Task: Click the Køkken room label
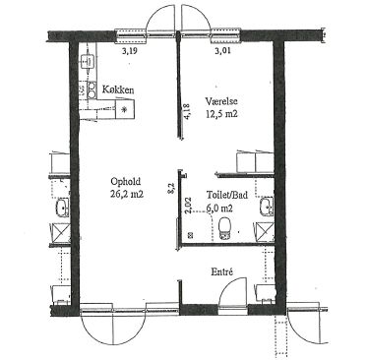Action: (x=118, y=90)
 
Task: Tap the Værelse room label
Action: (x=221, y=101)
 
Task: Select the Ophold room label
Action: (x=126, y=181)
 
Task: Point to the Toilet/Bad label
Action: (x=227, y=195)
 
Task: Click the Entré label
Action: (x=222, y=271)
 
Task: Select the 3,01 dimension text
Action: (x=222, y=50)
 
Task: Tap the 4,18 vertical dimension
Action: (x=188, y=112)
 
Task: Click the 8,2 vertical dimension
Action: (x=170, y=189)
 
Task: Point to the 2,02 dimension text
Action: (x=188, y=206)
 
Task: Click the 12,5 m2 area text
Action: (x=221, y=114)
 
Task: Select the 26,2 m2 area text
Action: (x=127, y=194)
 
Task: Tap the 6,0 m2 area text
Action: (x=219, y=208)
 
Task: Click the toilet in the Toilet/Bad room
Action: (x=224, y=228)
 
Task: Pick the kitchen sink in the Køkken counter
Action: (x=88, y=60)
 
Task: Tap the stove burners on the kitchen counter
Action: (x=92, y=90)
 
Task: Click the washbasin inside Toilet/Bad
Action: (x=267, y=207)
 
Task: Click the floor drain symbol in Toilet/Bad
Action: (x=190, y=234)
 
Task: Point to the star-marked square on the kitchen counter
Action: (x=125, y=109)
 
